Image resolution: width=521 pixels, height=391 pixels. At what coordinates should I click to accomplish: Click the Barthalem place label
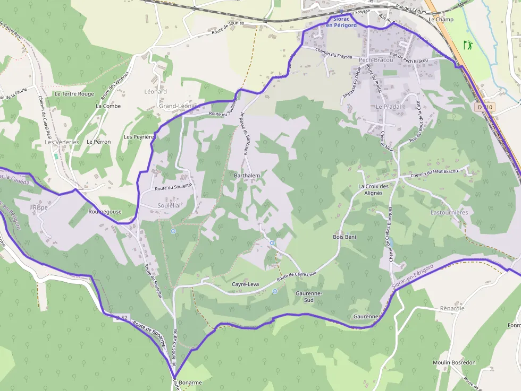pos(247,175)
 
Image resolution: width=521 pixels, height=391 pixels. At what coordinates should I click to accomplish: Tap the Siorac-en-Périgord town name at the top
pos(341,22)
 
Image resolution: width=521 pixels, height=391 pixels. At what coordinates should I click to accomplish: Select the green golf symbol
pos(468,45)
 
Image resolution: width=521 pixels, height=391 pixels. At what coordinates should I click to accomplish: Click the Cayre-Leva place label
pos(245,284)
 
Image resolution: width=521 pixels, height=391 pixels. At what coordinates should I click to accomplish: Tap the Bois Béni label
pos(344,237)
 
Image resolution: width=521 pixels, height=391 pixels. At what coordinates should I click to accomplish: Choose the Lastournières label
pos(449,212)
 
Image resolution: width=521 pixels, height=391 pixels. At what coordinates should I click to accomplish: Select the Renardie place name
pos(452,308)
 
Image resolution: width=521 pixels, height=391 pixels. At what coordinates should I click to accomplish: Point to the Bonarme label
pos(191,382)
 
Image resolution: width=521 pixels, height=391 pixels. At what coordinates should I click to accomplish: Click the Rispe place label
pos(40,207)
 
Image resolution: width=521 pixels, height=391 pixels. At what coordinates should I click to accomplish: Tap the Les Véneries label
pos(62,142)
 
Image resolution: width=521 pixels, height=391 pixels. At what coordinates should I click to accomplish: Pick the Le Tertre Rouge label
pos(74,94)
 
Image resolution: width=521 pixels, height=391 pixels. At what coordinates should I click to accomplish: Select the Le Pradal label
pos(388,107)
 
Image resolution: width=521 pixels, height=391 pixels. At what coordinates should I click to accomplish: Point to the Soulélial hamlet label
pos(169,205)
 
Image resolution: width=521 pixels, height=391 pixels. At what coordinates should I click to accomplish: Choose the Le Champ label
pos(441,20)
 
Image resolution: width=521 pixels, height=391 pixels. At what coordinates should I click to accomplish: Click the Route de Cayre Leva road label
pos(296,276)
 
